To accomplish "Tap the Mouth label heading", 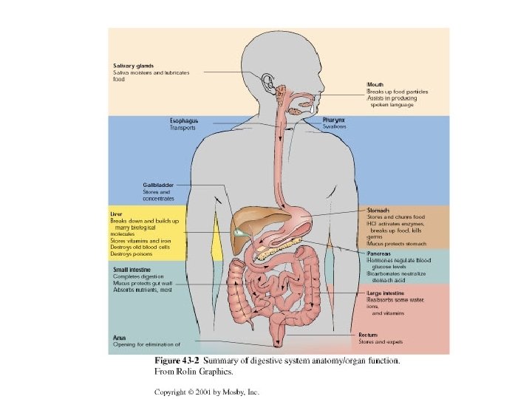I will point(375,85).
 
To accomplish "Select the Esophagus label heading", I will point(183,120).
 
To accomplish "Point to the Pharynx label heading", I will point(334,120).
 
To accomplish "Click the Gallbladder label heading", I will point(158,185).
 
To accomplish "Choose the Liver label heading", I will point(116,214).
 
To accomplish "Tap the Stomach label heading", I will point(379,211).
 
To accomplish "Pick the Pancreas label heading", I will point(380,253).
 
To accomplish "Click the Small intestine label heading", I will point(130,270).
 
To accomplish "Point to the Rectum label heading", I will point(368,335).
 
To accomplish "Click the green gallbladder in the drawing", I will point(238,232).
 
